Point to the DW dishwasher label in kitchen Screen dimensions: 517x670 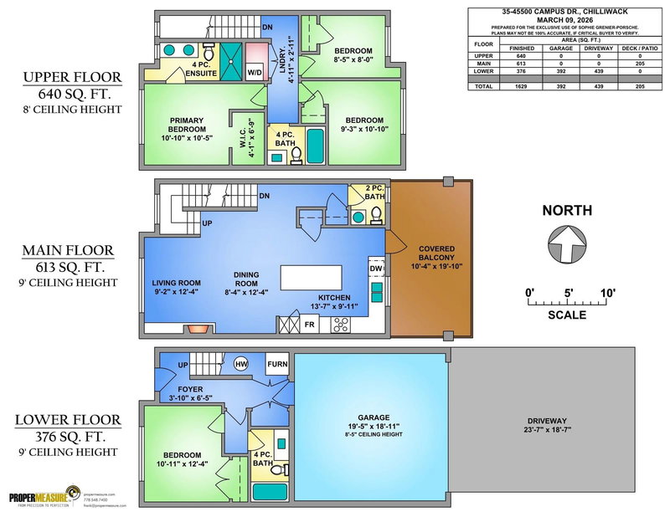pyautogui.click(x=375, y=269)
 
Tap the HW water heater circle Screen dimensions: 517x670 pyautogui.click(x=241, y=364)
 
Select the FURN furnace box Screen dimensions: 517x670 pyautogui.click(x=277, y=365)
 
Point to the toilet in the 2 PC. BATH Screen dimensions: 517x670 pyautogui.click(x=377, y=216)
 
